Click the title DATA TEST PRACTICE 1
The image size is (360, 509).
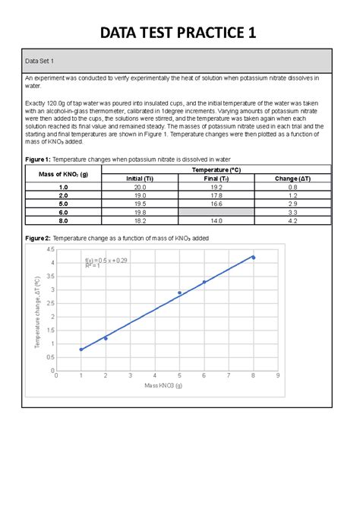pyautogui.click(x=180, y=33)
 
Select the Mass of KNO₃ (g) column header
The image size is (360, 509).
pyautogui.click(x=63, y=174)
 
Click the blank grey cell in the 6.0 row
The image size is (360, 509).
pyautogui.click(x=216, y=213)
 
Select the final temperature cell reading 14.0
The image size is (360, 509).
pyautogui.click(x=216, y=223)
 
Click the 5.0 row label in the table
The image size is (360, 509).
pyautogui.click(x=63, y=204)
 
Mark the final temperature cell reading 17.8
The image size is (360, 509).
pyautogui.click(x=216, y=195)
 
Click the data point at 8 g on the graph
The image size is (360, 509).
pyautogui.click(x=254, y=258)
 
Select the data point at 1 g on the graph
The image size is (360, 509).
pyautogui.click(x=81, y=349)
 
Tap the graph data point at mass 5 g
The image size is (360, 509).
pyautogui.click(x=180, y=292)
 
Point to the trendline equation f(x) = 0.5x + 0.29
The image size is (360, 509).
pyautogui.click(x=106, y=260)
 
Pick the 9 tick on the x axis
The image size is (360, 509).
pyautogui.click(x=278, y=376)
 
